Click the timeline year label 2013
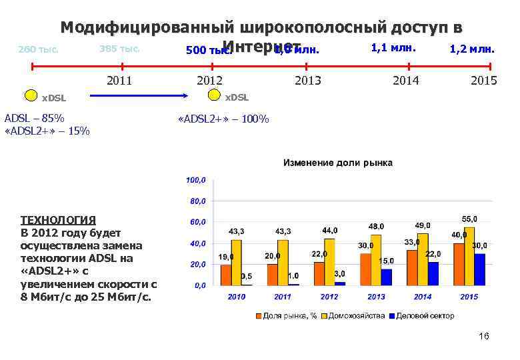307,81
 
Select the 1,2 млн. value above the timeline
471,49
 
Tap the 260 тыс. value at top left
38,49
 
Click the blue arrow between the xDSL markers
133,97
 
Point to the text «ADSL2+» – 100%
224,119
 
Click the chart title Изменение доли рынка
338,163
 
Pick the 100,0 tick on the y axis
196,180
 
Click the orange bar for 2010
226,275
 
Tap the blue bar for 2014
433,273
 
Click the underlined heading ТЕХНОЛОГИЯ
59,219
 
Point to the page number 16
484,336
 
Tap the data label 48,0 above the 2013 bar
376,227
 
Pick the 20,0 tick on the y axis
198,265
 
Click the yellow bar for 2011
283,263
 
